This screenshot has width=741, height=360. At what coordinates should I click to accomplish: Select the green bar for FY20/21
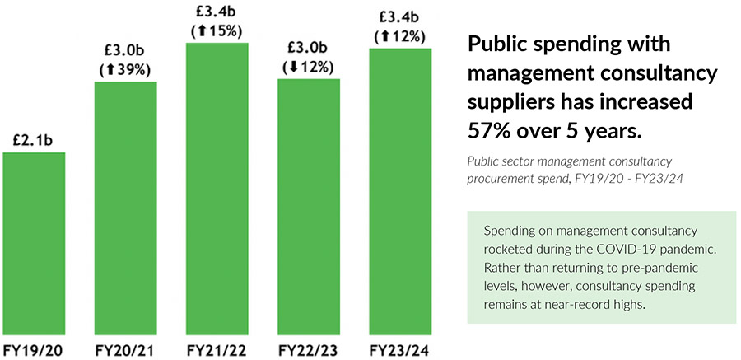[125, 206]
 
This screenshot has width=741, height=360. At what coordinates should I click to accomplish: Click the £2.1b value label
[34, 141]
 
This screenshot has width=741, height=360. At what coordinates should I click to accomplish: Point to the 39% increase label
[125, 70]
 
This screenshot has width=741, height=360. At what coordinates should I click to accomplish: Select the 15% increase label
[217, 31]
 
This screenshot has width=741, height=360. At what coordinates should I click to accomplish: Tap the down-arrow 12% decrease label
[308, 68]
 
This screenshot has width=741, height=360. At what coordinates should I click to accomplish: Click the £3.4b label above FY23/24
[399, 15]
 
